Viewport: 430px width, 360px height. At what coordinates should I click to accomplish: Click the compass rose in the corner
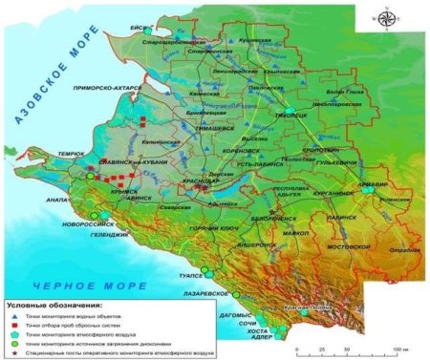click(386, 18)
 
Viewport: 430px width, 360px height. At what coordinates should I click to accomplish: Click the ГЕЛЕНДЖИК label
click(110, 234)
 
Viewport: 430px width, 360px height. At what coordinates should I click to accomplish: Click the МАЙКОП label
click(295, 233)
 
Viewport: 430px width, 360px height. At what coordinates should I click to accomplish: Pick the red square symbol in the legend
click(14, 325)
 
